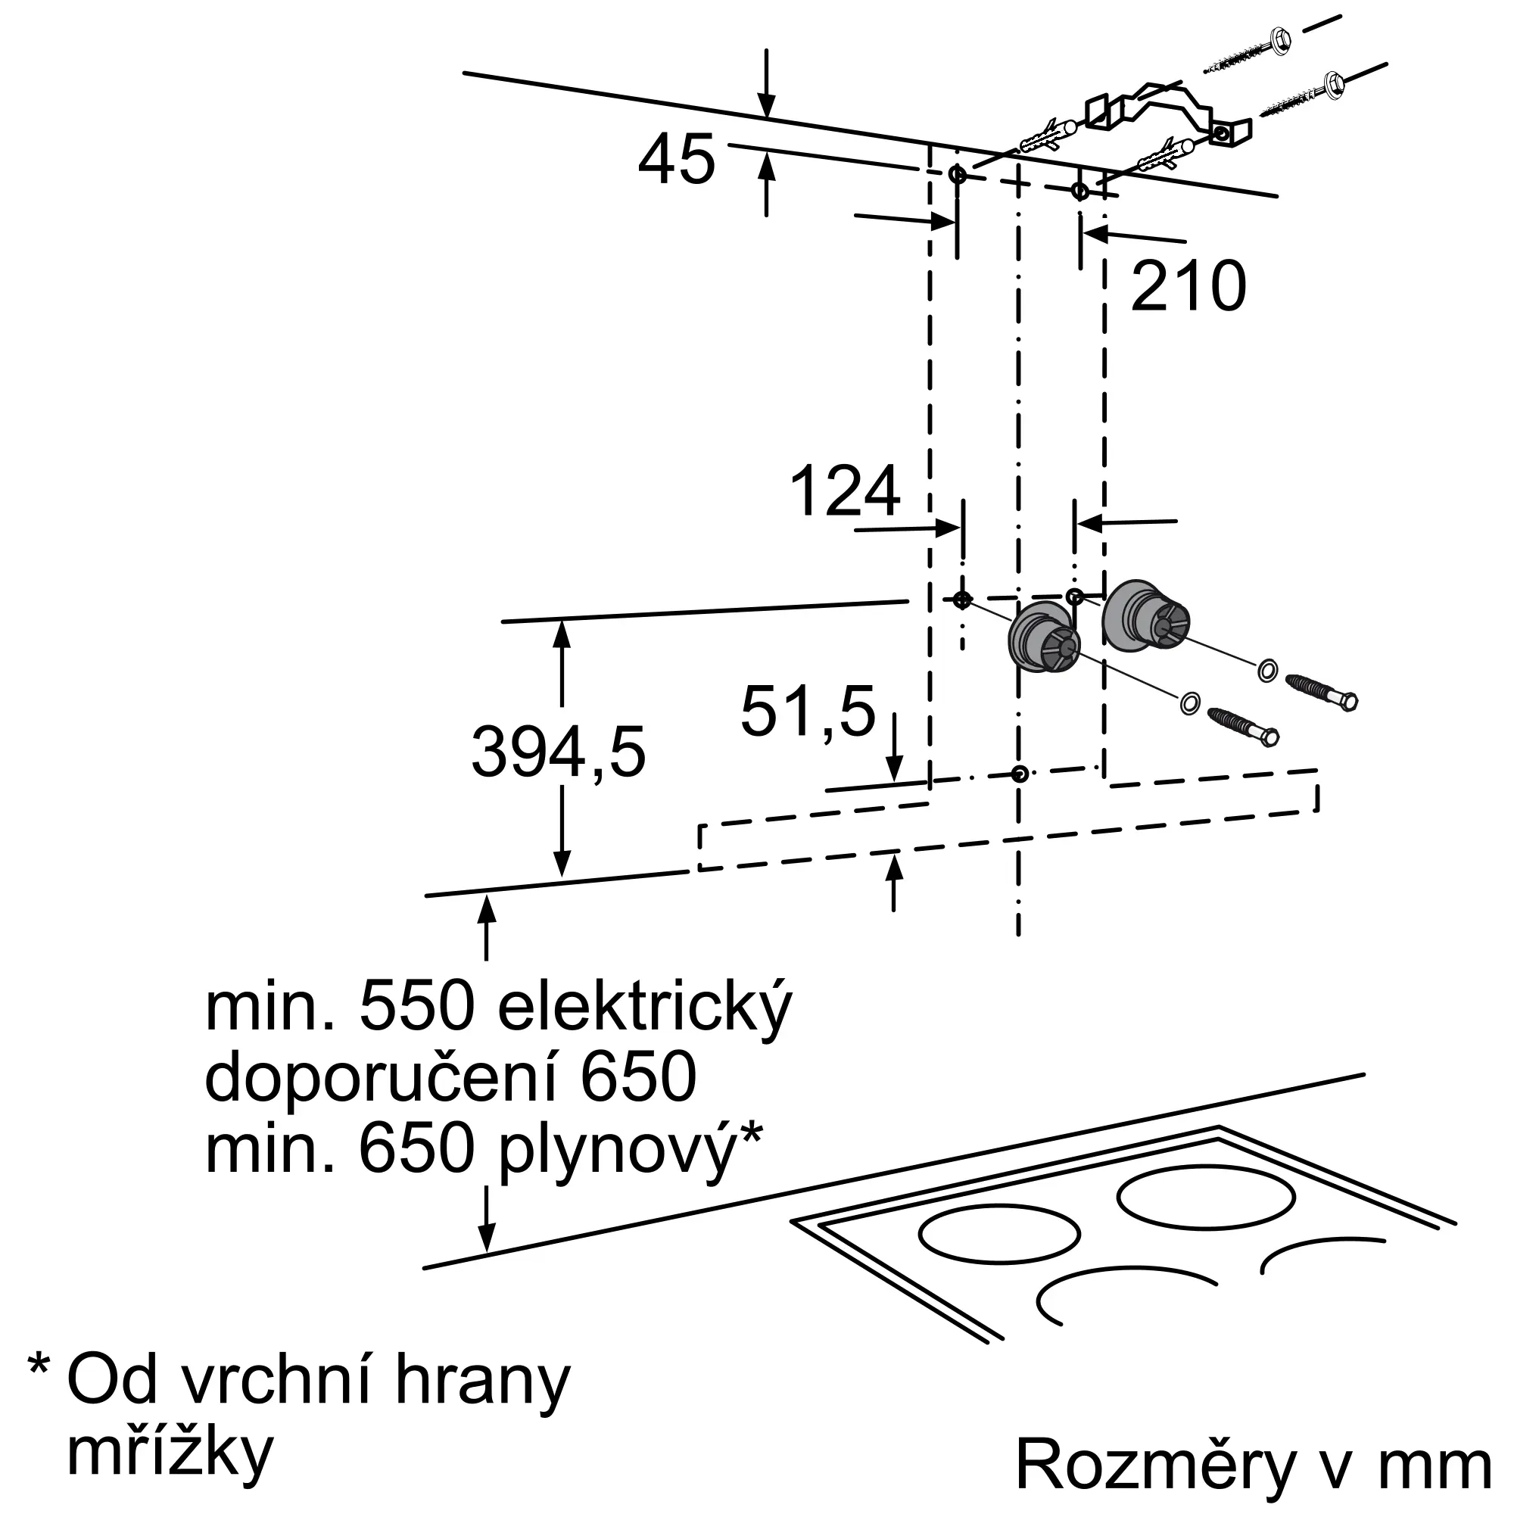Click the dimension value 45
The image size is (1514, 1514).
[676, 160]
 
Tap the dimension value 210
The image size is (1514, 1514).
[1188, 287]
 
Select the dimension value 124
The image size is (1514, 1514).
[845, 492]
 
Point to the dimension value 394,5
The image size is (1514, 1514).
[558, 753]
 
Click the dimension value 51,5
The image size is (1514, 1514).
[807, 712]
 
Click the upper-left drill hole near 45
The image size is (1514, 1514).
[958, 174]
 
